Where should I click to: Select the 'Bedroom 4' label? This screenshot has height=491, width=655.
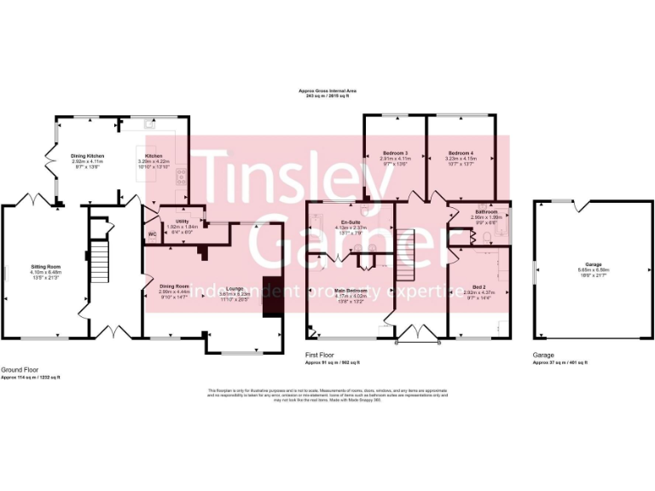tap(461, 152)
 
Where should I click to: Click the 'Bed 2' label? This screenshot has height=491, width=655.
tap(478, 287)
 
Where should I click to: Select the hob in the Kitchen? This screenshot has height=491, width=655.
tap(181, 176)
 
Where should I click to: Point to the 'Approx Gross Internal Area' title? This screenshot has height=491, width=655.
tap(327, 90)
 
